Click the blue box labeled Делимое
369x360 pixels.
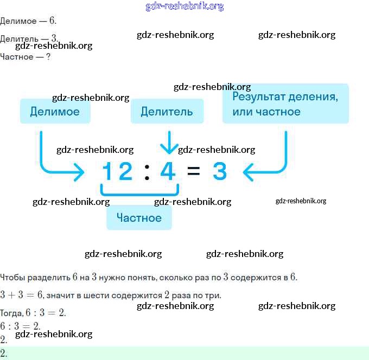55,111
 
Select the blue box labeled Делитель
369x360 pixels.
167,111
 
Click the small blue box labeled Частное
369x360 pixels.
139,217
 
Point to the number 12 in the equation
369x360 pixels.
117,171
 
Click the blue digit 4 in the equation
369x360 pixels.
168,171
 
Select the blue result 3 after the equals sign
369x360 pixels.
219,171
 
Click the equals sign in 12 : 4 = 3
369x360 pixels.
194,172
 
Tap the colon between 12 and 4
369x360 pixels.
147,172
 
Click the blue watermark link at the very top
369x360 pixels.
184,6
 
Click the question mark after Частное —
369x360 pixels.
48,56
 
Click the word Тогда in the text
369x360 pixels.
11,313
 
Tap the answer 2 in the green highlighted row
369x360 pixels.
3,353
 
